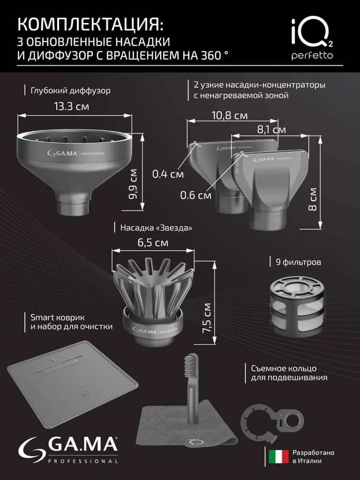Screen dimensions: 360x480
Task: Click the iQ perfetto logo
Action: [312, 39]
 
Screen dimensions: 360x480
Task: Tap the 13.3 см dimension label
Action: [72, 107]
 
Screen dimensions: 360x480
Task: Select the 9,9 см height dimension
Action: [133, 184]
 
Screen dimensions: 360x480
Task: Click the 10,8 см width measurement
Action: [229, 116]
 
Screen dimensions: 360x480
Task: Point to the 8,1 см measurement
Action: [271, 130]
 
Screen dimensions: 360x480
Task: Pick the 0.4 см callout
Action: [168, 174]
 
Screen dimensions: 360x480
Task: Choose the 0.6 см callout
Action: [196, 195]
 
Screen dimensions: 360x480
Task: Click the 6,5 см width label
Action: [153, 242]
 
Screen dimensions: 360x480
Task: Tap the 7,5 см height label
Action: [206, 318]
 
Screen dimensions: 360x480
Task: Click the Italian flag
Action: [278, 456]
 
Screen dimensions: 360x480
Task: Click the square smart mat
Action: [73, 383]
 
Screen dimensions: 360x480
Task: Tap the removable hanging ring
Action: [272, 421]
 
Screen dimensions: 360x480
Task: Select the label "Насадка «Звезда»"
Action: [156, 228]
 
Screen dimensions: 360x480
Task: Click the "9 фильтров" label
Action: [298, 262]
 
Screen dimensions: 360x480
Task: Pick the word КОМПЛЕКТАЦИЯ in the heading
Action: [90, 24]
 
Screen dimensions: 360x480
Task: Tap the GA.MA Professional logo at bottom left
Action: [68, 450]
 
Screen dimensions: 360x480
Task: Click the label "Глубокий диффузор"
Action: [71, 91]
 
